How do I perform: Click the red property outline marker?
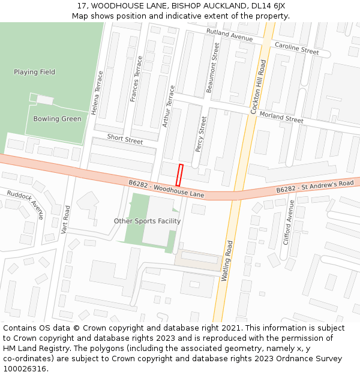179,175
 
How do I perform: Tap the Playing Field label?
34,72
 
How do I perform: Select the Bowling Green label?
57,119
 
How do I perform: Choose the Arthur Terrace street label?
169,106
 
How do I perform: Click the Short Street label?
125,139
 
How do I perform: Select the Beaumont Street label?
212,67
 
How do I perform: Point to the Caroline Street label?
296,48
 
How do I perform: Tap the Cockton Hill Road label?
258,87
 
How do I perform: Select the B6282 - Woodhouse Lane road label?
166,188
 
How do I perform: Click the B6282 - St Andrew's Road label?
314,187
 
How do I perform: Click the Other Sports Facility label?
147,221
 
